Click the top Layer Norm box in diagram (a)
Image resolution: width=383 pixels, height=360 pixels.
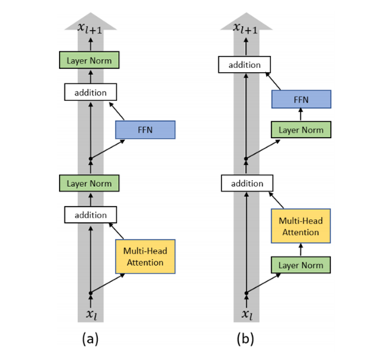pos(89,61)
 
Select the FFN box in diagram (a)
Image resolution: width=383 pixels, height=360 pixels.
pos(146,129)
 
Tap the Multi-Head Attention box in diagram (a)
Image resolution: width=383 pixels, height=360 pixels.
pos(146,257)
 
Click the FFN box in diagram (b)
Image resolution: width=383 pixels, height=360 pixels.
pos(301,99)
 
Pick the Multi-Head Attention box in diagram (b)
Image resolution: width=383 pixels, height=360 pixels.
pos(301,226)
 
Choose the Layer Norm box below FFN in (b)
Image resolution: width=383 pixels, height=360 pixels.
pos(301,129)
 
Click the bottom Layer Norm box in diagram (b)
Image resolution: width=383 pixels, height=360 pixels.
pos(301,265)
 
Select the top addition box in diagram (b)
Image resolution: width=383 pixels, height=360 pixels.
pos(244,64)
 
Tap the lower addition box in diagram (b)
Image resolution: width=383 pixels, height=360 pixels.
pos(247,183)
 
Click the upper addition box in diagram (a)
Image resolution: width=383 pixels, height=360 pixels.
pos(90,92)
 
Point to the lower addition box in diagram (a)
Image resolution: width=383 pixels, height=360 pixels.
pos(90,214)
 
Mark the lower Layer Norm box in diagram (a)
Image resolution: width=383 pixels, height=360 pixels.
pos(89,183)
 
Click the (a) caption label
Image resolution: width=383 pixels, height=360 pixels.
pos(90,339)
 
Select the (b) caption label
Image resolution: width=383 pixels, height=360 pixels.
pos(245,339)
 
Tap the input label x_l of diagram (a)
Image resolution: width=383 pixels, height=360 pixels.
pos(91,314)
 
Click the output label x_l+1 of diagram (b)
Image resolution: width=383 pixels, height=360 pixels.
pos(245,28)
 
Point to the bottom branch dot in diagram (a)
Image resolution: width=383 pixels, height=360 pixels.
pos(90,293)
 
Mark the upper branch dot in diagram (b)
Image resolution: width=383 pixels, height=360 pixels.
pos(246,159)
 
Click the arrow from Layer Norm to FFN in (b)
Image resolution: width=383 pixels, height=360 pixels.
pos(301,114)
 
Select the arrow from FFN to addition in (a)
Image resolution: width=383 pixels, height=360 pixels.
pos(116,111)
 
